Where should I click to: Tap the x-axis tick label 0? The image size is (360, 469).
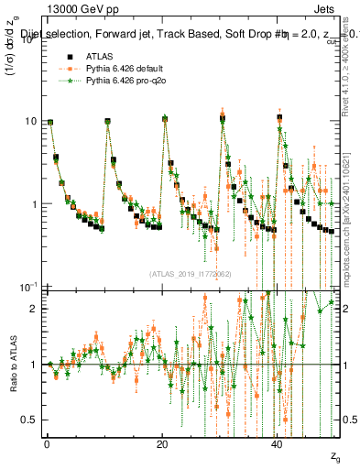47,442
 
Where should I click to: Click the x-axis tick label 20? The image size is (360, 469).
162,442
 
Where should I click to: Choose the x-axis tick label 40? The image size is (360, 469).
278,442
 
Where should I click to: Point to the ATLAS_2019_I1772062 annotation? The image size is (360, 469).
190,273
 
